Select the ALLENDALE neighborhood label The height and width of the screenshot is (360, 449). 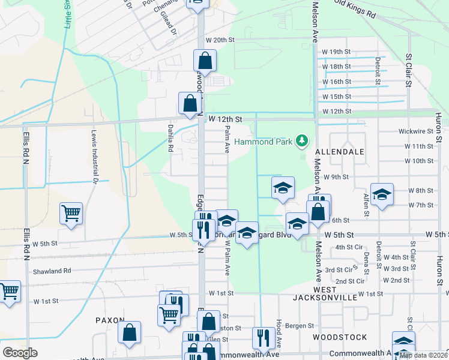coord(340,152)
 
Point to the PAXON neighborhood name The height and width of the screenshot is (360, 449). coord(110,320)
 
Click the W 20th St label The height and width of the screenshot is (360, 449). coord(218,40)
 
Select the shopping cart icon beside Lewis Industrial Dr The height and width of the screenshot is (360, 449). coord(71,213)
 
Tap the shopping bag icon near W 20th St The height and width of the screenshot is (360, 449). coord(205,59)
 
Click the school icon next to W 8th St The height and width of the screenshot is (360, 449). coord(382,195)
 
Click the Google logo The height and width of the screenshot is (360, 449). coord(20,353)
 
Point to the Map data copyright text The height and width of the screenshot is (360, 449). coord(423,355)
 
